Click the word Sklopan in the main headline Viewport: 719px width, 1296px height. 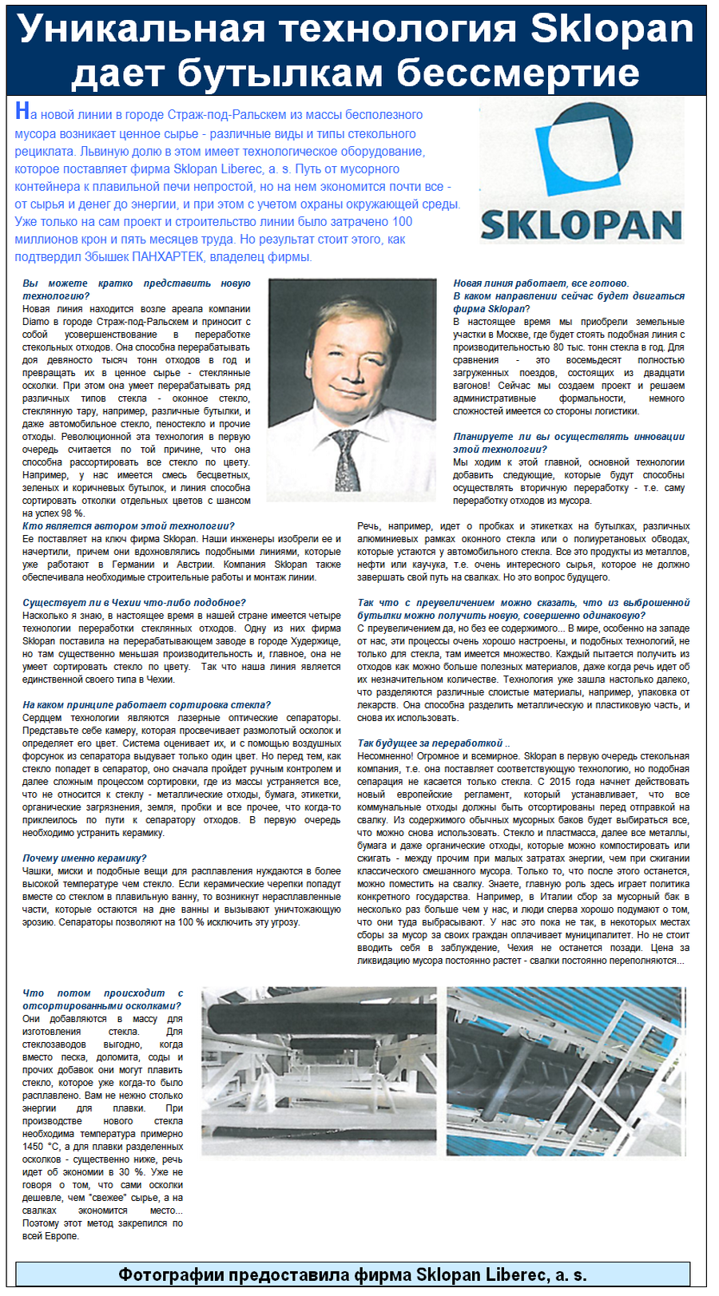pos(612,29)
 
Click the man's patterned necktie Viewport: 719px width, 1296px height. pos(346,460)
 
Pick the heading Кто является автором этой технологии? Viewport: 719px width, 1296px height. pos(129,526)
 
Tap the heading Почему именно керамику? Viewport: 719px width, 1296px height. pos(85,858)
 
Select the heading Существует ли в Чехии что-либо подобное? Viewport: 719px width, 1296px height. pos(134,603)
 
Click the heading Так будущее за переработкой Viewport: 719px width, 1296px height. pos(431,743)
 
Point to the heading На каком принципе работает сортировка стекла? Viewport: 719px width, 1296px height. pos(146,705)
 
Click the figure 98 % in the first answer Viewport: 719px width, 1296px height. pos(72,513)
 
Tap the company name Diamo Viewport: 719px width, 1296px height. pos(37,322)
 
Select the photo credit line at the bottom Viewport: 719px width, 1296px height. pos(352,1274)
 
